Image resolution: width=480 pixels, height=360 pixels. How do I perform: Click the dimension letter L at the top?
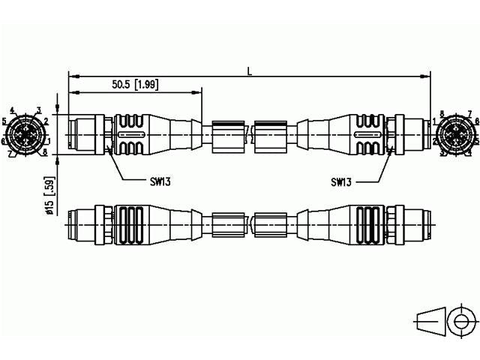[249, 70]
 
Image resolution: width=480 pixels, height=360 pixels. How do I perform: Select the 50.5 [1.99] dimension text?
[135, 85]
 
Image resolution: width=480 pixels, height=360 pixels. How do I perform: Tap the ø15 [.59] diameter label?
[49, 196]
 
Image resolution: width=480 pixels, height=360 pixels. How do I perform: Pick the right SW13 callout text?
[341, 181]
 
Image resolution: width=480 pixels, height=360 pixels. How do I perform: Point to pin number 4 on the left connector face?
[13, 110]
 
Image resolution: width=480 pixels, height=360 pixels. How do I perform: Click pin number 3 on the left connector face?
[38, 110]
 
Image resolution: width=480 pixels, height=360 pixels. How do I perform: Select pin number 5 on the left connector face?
[4, 120]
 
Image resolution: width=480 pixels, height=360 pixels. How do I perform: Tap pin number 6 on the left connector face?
[4, 140]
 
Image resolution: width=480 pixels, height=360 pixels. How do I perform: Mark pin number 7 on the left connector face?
[10, 154]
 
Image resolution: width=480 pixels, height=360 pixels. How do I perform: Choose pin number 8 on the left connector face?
[44, 152]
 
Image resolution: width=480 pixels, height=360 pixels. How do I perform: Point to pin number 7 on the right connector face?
[469, 113]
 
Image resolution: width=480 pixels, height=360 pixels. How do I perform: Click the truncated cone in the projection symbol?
[428, 320]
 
